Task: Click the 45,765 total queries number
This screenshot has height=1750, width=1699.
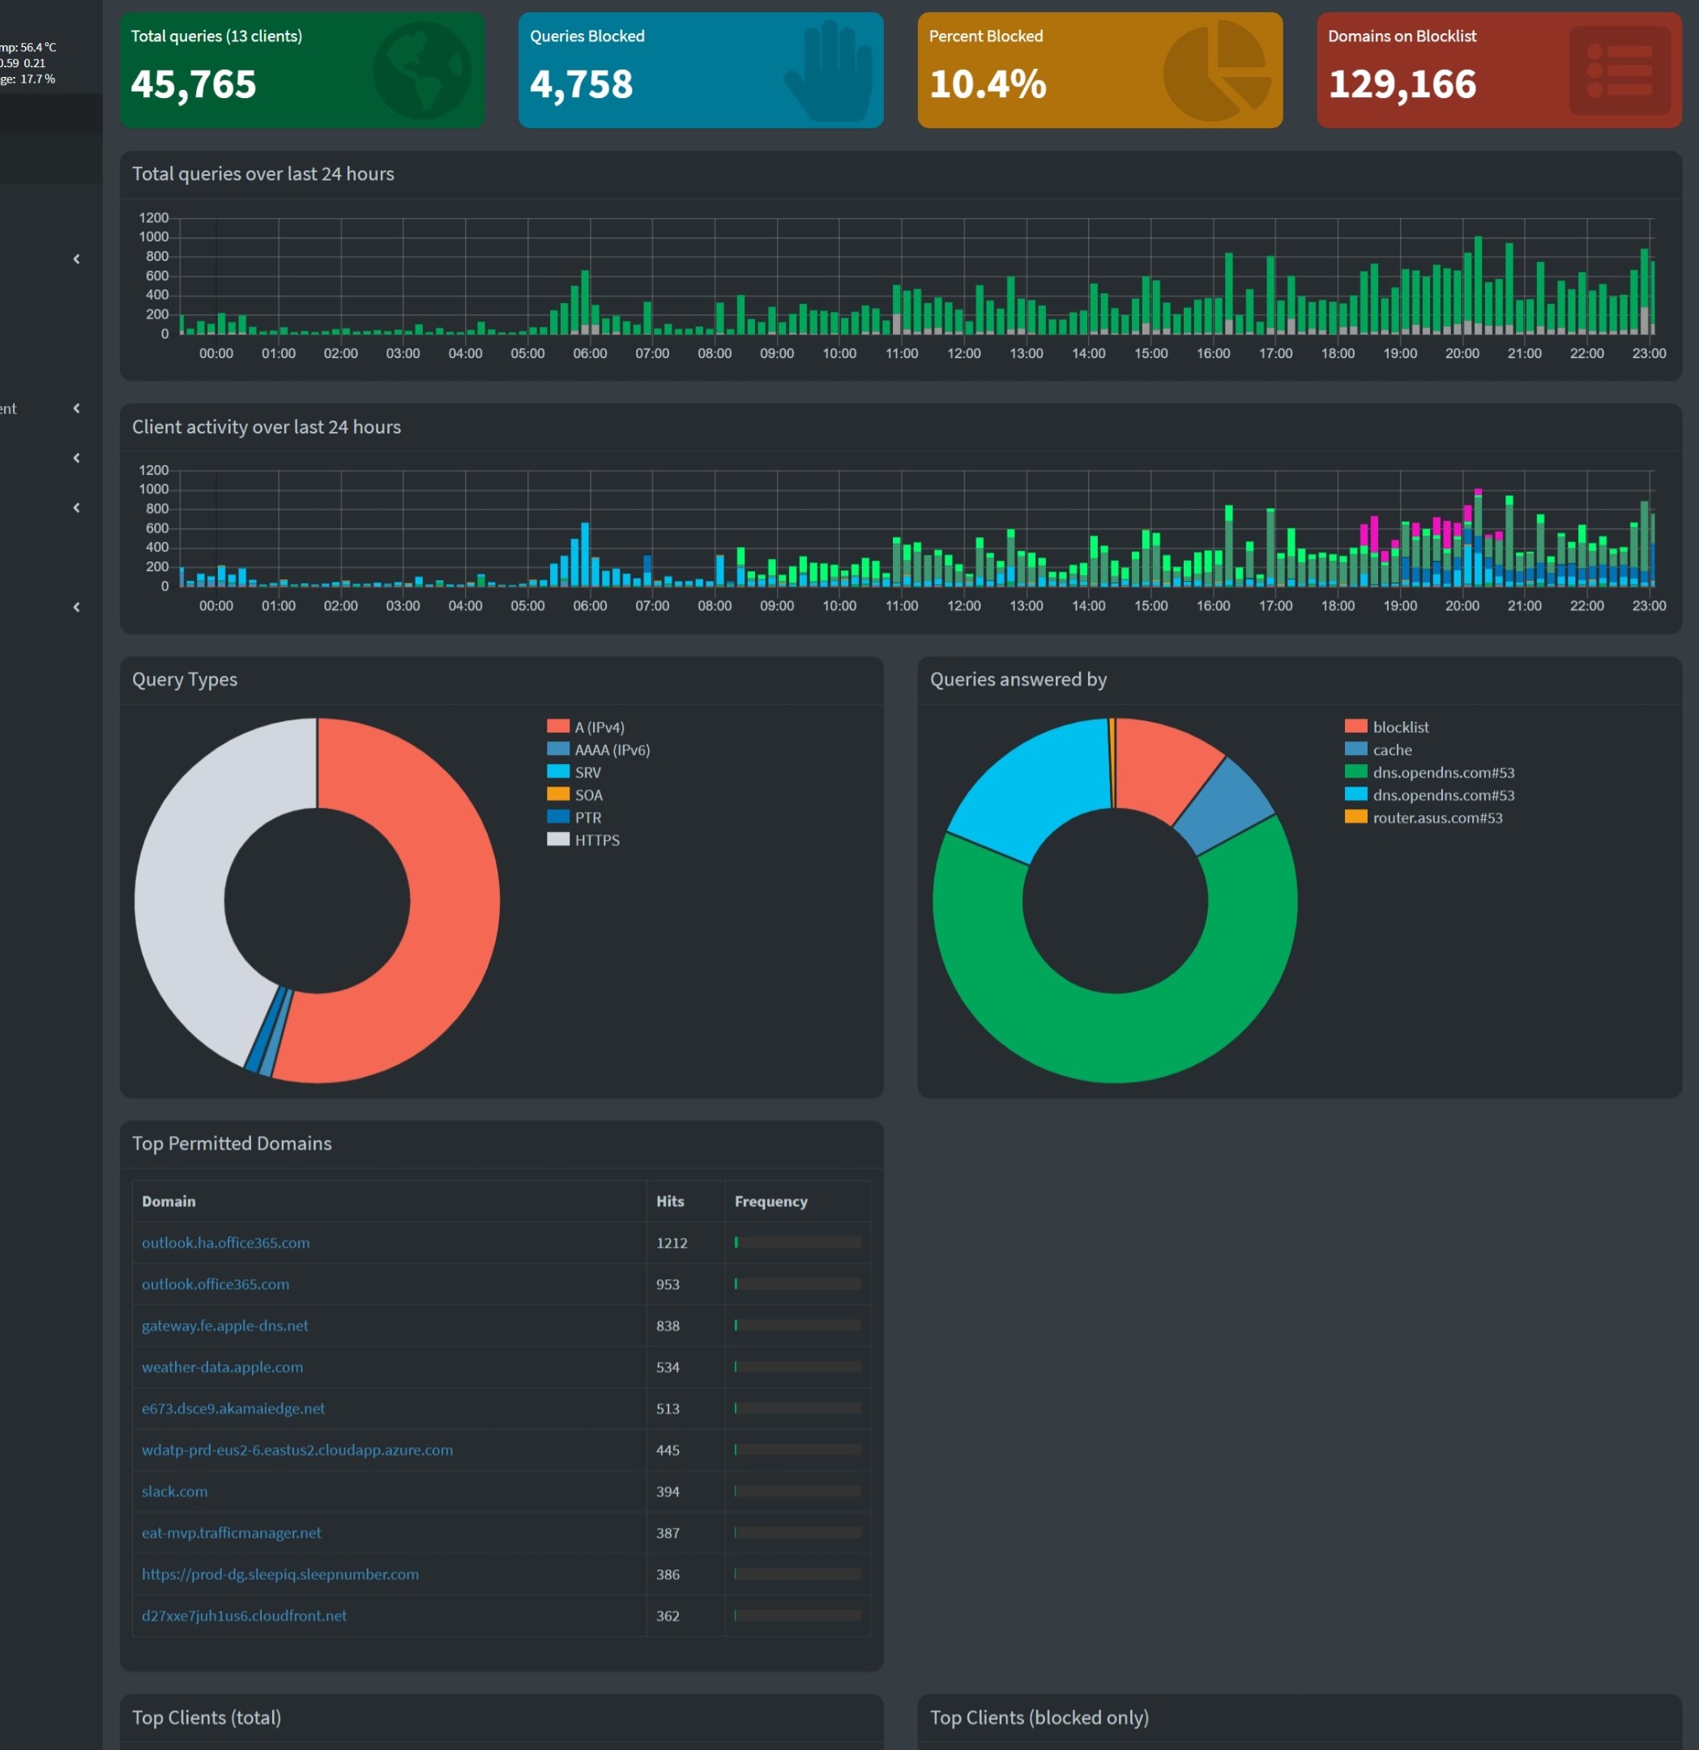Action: [193, 84]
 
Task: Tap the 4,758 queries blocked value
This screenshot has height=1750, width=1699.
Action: [581, 84]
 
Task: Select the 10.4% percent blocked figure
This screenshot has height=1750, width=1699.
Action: [987, 84]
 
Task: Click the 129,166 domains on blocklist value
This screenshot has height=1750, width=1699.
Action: [1402, 84]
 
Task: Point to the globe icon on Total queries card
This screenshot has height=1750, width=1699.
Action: [421, 70]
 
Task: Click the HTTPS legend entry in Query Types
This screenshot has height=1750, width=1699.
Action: [596, 840]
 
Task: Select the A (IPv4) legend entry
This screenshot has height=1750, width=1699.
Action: [599, 727]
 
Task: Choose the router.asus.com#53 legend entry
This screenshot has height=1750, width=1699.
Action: [1436, 817]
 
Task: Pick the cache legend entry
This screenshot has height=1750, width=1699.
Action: [1392, 749]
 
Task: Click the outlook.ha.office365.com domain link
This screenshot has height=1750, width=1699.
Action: [226, 1242]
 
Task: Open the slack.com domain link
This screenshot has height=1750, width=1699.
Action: [174, 1491]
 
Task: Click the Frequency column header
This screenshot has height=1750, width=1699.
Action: [771, 1201]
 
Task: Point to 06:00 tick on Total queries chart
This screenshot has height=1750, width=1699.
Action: [589, 353]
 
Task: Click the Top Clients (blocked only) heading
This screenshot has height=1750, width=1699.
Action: [1039, 1717]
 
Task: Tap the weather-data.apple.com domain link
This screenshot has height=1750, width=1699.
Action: [222, 1367]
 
